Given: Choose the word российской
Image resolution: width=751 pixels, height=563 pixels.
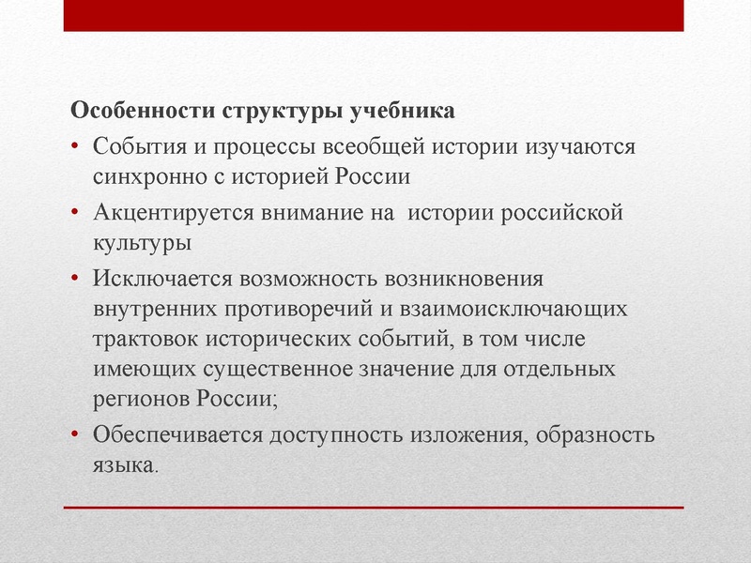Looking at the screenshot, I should (563, 212).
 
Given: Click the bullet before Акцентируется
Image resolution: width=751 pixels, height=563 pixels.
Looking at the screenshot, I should (75, 212).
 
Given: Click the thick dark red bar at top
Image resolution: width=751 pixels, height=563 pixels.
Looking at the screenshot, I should (375, 16).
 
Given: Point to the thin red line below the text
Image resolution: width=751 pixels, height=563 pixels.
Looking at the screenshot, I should (375, 508).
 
